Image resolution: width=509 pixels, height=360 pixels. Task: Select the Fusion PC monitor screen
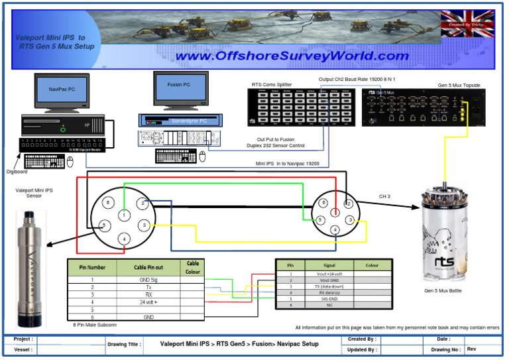click(180, 86)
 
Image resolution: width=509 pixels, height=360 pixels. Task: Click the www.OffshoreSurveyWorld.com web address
click(292, 56)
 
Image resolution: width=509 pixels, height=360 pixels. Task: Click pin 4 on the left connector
click(124, 239)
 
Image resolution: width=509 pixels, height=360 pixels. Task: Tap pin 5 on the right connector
click(320, 219)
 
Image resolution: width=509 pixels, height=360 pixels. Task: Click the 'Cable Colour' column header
click(192, 267)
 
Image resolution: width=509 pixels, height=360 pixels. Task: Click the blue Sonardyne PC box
click(180, 121)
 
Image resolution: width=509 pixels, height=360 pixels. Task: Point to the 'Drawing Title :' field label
click(124, 345)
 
